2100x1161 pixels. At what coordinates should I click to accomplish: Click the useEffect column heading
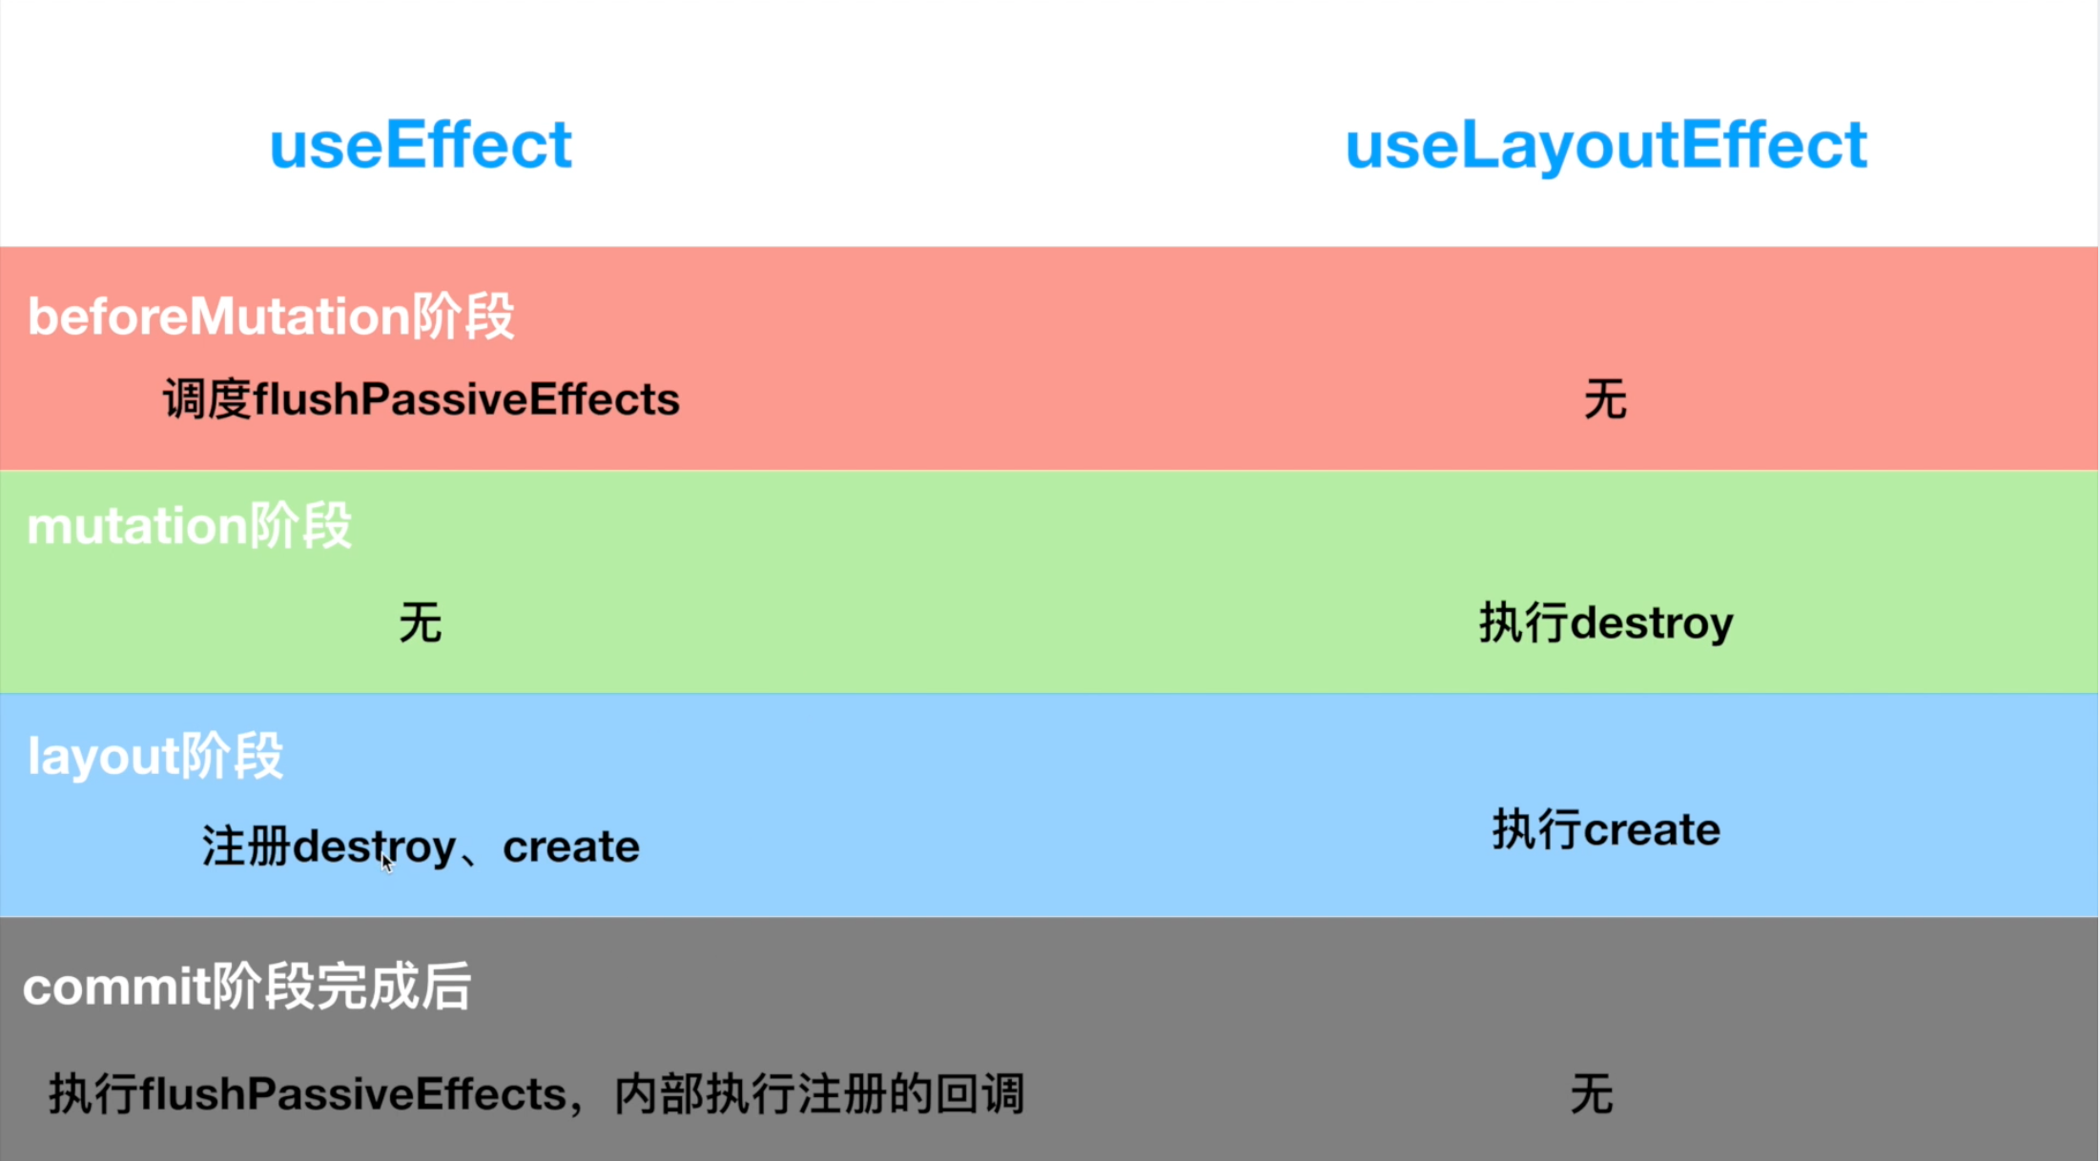pos(421,145)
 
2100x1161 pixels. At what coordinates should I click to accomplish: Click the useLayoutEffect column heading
pos(1606,145)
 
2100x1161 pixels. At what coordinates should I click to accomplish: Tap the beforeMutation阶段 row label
pos(271,316)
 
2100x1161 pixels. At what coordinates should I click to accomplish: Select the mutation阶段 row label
pos(189,526)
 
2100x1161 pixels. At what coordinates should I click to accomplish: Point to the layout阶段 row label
pos(155,757)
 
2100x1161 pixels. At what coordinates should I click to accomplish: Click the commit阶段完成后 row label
pos(247,987)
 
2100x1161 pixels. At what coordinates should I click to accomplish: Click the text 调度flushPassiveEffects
pos(421,398)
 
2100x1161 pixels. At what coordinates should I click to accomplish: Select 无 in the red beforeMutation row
pos(1605,398)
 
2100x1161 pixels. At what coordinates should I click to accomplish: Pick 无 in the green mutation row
pos(420,623)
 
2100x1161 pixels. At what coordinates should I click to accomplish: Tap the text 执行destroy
pos(1606,623)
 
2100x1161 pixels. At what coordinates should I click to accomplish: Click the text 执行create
pos(1606,829)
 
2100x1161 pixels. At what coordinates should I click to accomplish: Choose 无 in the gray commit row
pos(1592,1093)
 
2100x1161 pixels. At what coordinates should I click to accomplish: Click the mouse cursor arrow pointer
pos(386,862)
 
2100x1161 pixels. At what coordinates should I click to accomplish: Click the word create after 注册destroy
pos(571,846)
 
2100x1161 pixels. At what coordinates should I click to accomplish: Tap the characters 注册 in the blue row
pos(246,846)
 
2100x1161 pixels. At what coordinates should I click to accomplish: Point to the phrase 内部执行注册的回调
pos(819,1093)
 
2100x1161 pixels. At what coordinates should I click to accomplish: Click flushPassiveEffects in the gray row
pos(354,1093)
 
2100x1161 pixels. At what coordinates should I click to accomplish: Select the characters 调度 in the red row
pos(207,398)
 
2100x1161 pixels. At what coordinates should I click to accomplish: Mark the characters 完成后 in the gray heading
pos(394,987)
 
